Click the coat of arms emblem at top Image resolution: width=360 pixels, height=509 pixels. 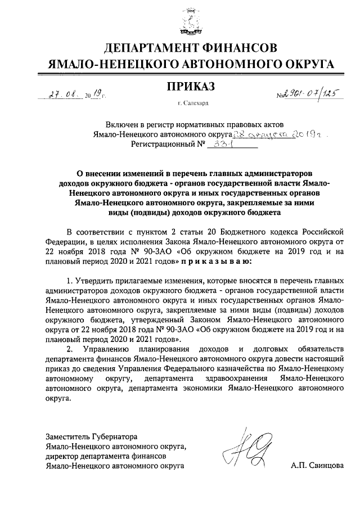coord(185,22)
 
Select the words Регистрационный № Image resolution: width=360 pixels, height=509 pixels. coord(166,145)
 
